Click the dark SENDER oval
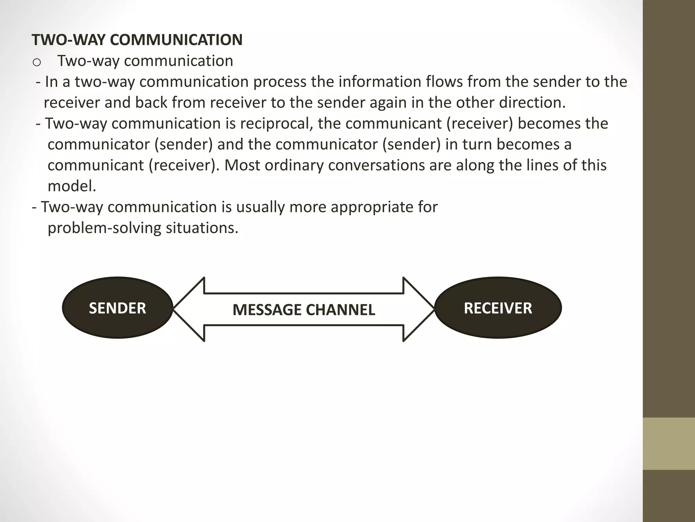coord(117,308)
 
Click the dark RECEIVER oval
coord(498,308)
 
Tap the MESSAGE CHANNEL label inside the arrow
coord(304,310)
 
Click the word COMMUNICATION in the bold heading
coord(176,40)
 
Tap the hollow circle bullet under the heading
coord(37,62)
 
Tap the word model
coord(72,186)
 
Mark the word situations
coord(202,228)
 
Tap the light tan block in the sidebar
coord(669,443)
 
